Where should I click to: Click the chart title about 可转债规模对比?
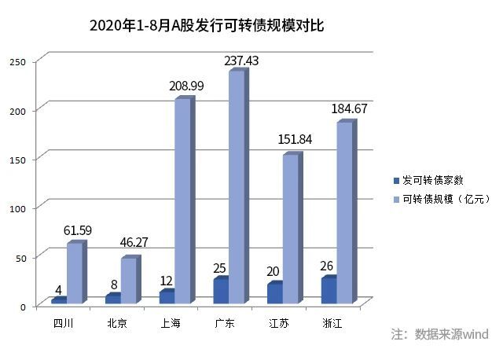pos(207,25)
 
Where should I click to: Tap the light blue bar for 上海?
pos(182,200)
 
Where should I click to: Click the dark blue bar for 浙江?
pos(328,290)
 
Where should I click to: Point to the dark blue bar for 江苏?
pos(274,292)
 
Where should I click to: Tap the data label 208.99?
pos(186,86)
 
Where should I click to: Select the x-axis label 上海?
pos(171,323)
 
